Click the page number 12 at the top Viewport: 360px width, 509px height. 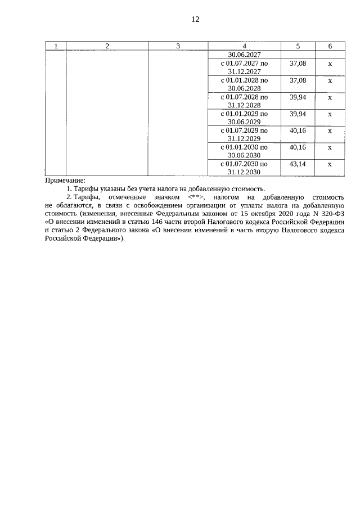pyautogui.click(x=195, y=19)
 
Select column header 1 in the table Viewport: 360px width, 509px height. pyautogui.click(x=55, y=46)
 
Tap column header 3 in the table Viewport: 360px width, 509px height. pyautogui.click(x=178, y=46)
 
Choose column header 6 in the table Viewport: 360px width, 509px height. pyautogui.click(x=330, y=46)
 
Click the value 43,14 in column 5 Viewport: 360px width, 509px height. pyautogui.click(x=298, y=164)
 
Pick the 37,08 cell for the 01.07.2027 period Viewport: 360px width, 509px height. pyautogui.click(x=298, y=64)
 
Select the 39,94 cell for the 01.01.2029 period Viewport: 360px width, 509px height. pyautogui.click(x=298, y=114)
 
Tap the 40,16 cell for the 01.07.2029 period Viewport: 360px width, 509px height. pyautogui.click(x=298, y=130)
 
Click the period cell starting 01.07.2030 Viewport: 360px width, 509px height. pyautogui.click(x=244, y=168)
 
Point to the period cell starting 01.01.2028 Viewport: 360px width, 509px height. pyautogui.click(x=244, y=84)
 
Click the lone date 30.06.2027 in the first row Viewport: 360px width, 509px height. pyautogui.click(x=244, y=55)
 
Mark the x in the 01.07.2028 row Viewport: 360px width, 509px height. pyautogui.click(x=330, y=97)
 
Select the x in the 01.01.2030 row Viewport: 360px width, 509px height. pyautogui.click(x=330, y=147)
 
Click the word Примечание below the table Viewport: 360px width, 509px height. pyautogui.click(x=65, y=181)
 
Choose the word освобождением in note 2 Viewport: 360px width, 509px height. pyautogui.click(x=151, y=206)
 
